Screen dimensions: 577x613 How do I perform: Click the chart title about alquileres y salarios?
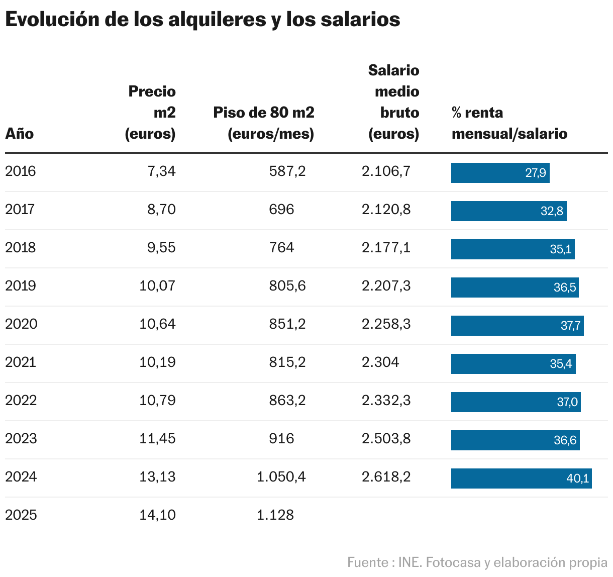tap(202, 20)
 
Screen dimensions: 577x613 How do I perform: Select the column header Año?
tap(20, 134)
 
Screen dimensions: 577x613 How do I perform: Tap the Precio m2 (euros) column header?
tap(151, 113)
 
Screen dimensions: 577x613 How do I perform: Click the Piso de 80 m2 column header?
tap(264, 123)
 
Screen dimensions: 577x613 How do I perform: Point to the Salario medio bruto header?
tap(394, 102)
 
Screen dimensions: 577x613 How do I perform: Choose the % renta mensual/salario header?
tap(509, 123)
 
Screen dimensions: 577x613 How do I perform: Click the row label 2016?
tap(21, 171)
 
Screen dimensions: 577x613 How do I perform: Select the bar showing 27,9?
tap(500, 173)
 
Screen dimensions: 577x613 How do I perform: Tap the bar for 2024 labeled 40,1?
tap(521, 478)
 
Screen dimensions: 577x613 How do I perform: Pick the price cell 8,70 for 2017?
tap(161, 210)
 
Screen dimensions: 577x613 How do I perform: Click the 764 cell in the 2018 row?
tap(281, 248)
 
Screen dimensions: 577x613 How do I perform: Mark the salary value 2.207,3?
tap(386, 286)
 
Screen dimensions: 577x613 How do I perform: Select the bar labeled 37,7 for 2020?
tap(517, 326)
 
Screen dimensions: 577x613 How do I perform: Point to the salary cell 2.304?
tap(380, 362)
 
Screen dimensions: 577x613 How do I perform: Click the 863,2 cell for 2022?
tap(287, 401)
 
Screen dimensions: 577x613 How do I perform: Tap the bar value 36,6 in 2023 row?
tap(515, 440)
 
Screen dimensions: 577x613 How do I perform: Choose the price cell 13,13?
tap(157, 477)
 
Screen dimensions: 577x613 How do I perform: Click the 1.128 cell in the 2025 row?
tap(275, 515)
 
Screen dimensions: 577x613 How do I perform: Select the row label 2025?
tap(21, 515)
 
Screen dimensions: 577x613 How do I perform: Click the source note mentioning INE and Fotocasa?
tap(477, 562)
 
